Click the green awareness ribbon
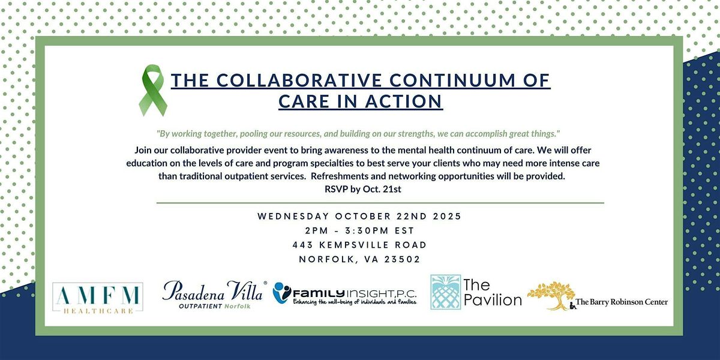pos(152,90)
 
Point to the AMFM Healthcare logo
pos(98,298)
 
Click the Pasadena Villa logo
pos(214,295)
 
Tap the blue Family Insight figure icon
pos(281,293)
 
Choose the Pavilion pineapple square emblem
pos(445,292)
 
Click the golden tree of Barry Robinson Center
pos(551,295)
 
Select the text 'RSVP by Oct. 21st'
pos(363,189)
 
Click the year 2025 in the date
pos(447,217)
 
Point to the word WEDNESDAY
pos(293,217)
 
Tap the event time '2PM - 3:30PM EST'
pos(360,231)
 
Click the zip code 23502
pos(403,259)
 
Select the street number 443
pos(303,245)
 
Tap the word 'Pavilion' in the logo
pos(493,300)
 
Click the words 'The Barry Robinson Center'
pos(622,302)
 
